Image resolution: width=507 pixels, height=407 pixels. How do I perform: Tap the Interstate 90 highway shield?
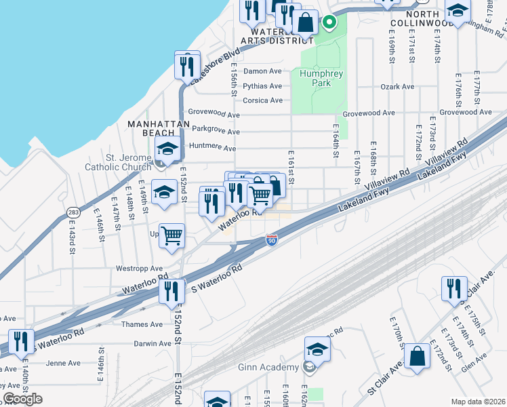click(271, 241)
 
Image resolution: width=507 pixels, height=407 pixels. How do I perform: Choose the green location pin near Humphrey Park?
click(329, 22)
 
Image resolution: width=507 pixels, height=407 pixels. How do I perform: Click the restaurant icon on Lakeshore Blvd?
click(185, 66)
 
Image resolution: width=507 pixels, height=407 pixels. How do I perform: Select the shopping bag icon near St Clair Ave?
click(418, 355)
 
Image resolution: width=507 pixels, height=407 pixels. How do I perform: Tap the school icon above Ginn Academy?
click(317, 349)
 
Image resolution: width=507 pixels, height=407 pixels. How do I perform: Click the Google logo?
click(22, 398)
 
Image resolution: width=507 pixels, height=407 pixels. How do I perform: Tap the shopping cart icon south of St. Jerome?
click(172, 236)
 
